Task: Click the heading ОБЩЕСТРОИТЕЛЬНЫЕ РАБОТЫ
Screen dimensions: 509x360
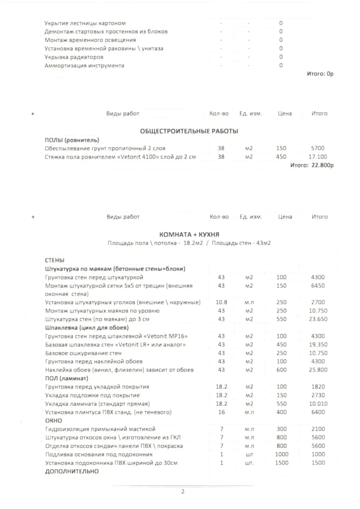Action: click(189, 131)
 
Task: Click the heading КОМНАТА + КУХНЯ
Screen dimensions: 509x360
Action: click(189, 234)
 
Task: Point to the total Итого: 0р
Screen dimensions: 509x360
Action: click(320, 74)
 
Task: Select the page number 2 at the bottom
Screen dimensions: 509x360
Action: click(183, 492)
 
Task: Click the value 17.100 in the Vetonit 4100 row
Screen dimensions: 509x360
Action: click(318, 157)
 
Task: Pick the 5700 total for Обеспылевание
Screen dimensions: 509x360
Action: click(318, 148)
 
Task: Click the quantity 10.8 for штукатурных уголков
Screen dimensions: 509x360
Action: click(221, 302)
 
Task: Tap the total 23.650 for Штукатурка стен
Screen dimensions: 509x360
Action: click(318, 319)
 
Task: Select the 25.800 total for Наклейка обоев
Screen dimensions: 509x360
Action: click(318, 370)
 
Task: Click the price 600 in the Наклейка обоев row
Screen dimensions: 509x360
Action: click(281, 370)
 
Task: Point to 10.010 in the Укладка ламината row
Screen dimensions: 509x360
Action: click(318, 404)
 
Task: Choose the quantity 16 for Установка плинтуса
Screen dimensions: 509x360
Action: click(221, 412)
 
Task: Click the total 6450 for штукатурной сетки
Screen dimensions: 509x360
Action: click(318, 286)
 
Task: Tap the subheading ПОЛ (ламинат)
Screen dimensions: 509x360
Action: click(66, 378)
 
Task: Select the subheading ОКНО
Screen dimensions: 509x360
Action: click(53, 421)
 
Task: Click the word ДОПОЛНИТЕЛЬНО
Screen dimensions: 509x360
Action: click(72, 471)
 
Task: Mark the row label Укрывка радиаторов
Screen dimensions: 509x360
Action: click(74, 57)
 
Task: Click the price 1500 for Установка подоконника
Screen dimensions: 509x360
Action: click(281, 463)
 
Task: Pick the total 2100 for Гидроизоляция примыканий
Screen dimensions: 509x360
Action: click(318, 429)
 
